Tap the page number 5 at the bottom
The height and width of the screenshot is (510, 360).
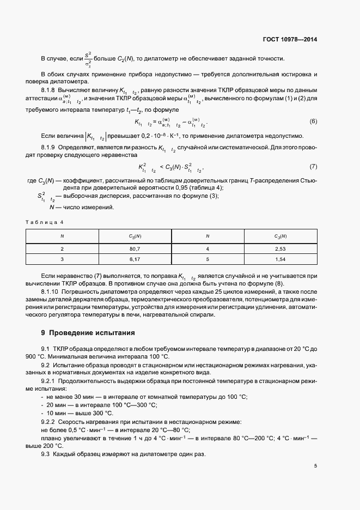tap(315, 465)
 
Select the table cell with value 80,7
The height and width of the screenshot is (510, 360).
tap(135, 248)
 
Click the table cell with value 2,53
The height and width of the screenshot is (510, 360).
tap(280, 248)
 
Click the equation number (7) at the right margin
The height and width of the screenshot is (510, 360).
tap(313, 166)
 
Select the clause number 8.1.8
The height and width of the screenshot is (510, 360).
tap(50, 89)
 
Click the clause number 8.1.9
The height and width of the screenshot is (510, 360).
tap(50, 147)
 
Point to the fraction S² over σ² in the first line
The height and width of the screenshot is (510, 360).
tap(88, 59)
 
